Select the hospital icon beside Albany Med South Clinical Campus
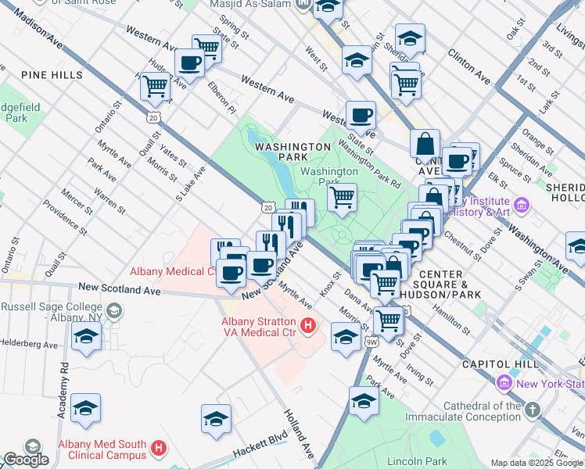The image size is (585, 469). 159,449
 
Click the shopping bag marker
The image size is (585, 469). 425,145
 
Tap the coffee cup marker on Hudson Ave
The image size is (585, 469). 189,63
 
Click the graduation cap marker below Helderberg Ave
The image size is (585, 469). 86,338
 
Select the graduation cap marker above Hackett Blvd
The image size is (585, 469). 216,419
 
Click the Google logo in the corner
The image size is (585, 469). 25,460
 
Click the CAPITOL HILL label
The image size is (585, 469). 499,364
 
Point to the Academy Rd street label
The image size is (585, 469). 65,383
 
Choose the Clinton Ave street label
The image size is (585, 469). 469,67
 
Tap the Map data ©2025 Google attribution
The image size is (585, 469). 536,463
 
